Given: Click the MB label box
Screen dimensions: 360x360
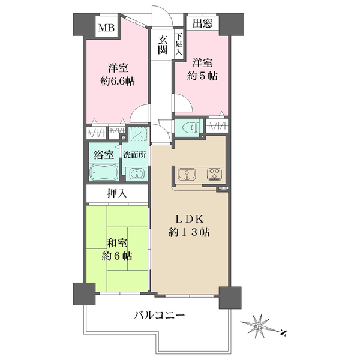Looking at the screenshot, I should [x=107, y=28].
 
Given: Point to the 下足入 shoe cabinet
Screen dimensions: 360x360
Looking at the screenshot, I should [x=178, y=45].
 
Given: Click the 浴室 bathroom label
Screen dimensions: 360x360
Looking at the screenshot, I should [x=104, y=154].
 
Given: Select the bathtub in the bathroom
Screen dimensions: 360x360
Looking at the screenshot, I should [x=104, y=174].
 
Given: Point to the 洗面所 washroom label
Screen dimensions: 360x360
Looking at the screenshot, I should [x=134, y=154].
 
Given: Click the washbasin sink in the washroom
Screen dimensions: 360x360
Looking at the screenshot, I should [x=137, y=175].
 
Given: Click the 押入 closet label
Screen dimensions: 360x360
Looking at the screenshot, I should [x=116, y=193].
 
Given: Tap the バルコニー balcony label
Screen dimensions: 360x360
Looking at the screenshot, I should [x=159, y=315].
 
